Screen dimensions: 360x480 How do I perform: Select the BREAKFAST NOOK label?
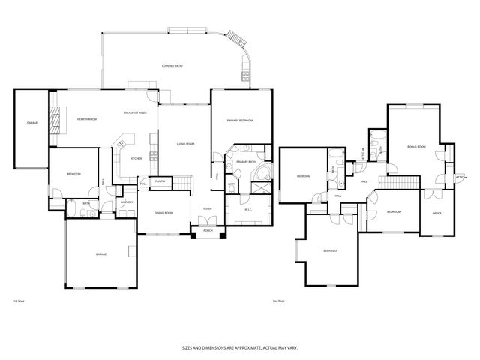point(135,112)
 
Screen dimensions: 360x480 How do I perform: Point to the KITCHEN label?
point(136,158)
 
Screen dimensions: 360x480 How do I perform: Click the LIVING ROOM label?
point(185,143)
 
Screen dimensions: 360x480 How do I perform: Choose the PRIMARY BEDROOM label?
point(240,120)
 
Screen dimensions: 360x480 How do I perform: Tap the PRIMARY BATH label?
point(246,162)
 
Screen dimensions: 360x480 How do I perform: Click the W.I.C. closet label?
point(247,209)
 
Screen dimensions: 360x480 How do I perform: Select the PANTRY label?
point(160,181)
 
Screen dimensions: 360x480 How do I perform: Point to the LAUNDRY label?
point(127,202)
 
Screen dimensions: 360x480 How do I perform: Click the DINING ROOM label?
point(163,213)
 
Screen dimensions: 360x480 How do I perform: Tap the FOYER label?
point(207,208)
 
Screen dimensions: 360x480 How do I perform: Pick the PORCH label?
point(208,231)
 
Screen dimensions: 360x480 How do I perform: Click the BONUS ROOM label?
point(416,146)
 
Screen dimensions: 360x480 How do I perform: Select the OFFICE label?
point(436,214)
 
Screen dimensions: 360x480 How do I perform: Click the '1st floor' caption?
point(20,301)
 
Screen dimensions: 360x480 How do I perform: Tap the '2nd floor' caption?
point(278,301)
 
